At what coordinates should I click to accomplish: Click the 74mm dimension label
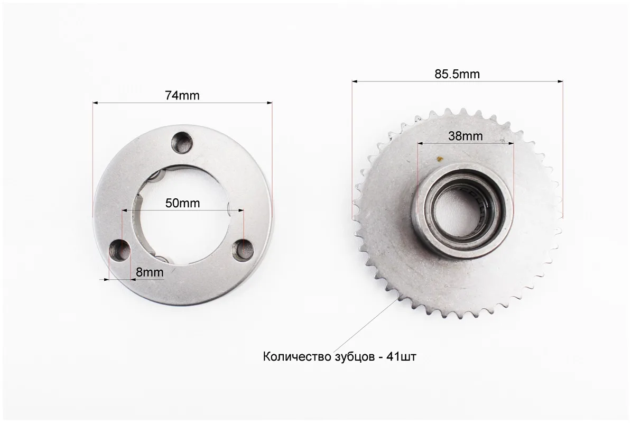pos(182,95)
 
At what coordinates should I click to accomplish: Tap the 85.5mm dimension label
pos(457,74)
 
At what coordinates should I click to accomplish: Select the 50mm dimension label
pos(182,203)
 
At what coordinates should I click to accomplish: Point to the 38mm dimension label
pos(465,136)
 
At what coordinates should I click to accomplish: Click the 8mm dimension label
pos(150,272)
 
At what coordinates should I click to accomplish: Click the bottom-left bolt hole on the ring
pos(120,249)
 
